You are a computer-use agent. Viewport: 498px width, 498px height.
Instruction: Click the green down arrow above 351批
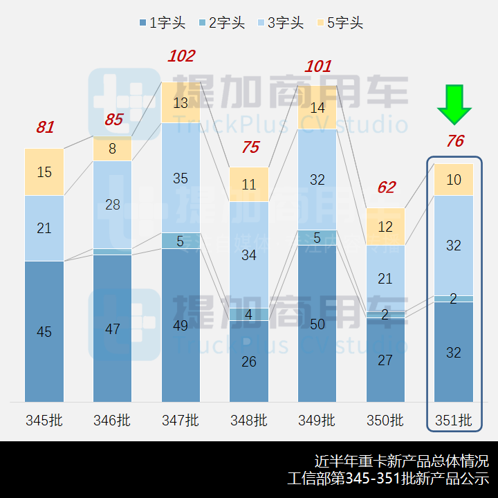click(x=454, y=104)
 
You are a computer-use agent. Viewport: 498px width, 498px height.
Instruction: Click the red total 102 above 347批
click(x=181, y=57)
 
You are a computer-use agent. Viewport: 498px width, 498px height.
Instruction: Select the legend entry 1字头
click(x=162, y=23)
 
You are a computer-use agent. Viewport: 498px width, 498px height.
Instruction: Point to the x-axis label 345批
click(x=44, y=420)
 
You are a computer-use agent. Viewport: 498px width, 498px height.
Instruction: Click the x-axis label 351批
click(x=454, y=420)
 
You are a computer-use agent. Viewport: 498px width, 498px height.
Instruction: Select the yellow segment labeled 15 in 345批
click(x=44, y=172)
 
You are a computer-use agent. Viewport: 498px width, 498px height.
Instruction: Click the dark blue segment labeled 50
click(x=317, y=324)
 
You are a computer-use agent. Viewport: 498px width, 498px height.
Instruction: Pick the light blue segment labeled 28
click(x=113, y=205)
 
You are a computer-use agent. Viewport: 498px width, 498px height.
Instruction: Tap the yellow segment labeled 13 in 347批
click(x=181, y=103)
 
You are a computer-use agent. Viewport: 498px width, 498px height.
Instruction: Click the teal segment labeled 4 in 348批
click(x=249, y=315)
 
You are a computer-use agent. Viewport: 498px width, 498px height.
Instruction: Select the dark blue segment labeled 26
click(x=249, y=361)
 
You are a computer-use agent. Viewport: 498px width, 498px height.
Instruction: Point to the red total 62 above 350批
click(x=386, y=187)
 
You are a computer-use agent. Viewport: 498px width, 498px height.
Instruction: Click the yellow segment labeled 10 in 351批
click(x=454, y=180)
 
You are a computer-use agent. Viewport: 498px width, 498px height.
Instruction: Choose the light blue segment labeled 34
click(x=249, y=255)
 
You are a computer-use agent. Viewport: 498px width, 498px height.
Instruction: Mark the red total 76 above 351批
click(x=454, y=142)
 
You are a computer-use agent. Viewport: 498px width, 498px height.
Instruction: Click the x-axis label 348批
click(x=249, y=420)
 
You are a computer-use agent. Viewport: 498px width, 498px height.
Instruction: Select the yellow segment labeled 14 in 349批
click(x=317, y=108)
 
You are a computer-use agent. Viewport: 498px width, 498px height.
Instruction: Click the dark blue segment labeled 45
click(x=44, y=332)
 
